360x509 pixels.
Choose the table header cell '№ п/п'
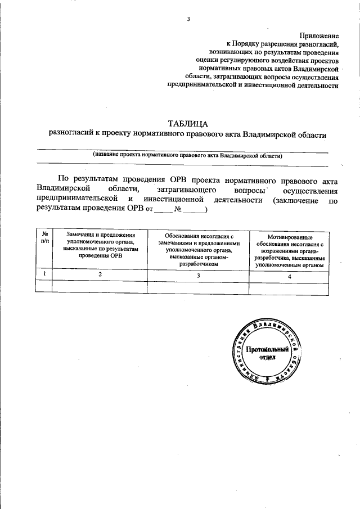tap(44, 237)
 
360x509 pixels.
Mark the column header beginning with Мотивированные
tap(289, 249)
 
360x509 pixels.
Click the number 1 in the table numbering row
tap(44, 274)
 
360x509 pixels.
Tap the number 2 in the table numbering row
tap(100, 274)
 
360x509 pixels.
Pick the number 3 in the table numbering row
tap(198, 276)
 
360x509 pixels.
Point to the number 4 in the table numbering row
tap(289, 276)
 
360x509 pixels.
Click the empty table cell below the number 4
tap(289, 286)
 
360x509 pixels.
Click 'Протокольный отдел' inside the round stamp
tap(267, 353)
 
